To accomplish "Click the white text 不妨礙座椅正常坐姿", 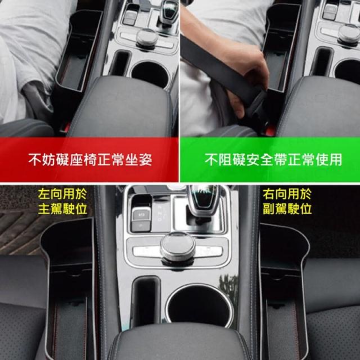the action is click(x=90, y=160).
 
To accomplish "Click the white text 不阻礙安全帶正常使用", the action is click(x=273, y=160).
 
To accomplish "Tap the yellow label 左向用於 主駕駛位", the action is click(x=62, y=201).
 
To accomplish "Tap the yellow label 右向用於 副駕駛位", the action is click(x=287, y=201).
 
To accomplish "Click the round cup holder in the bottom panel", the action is click(x=199, y=306).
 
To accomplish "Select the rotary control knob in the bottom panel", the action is click(x=178, y=249).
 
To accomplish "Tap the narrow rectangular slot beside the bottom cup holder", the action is click(x=145, y=301).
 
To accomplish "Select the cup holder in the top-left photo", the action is click(x=150, y=74).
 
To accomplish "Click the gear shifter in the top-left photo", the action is click(x=169, y=12).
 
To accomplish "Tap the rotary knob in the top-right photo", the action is click(x=349, y=34).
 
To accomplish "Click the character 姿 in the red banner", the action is click(x=146, y=160).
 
